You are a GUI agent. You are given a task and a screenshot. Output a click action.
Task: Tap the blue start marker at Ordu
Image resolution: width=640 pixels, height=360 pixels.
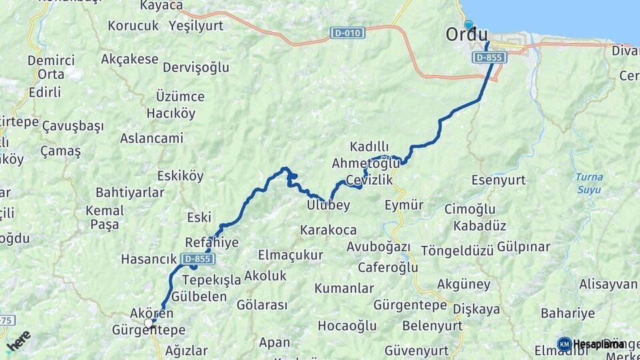pos(469,25)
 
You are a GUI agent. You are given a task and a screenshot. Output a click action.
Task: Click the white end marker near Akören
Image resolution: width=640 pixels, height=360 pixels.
pos(148,323)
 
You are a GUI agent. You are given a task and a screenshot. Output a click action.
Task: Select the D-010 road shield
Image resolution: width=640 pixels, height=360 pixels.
pos(347,32)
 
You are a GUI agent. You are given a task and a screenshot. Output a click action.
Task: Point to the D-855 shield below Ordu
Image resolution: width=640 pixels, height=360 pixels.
pos(490,58)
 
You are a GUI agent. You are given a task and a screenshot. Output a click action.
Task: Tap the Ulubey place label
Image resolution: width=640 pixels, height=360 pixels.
pos(329,205)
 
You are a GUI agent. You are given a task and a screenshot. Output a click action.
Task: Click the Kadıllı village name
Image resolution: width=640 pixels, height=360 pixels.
pos(369,147)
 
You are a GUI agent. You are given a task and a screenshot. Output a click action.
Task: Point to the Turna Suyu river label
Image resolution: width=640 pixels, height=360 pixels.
pos(589,183)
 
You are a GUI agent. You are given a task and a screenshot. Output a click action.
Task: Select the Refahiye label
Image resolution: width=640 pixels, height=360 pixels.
pos(211,243)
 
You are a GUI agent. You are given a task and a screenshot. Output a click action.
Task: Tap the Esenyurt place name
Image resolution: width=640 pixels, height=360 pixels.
pos(499,180)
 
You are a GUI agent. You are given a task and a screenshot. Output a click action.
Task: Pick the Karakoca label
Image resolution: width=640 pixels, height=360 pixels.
pos(328,230)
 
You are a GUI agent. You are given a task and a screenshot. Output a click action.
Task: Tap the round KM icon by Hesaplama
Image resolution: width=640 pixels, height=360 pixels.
pos(564,344)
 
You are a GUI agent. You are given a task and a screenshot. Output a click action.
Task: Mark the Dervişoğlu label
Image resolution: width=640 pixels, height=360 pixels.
pos(196,67)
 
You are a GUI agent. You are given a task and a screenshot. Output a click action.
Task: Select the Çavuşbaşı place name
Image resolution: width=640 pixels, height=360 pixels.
pos(73,126)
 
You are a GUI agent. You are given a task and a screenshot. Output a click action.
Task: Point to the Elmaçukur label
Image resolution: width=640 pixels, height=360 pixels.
pos(290,255)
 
